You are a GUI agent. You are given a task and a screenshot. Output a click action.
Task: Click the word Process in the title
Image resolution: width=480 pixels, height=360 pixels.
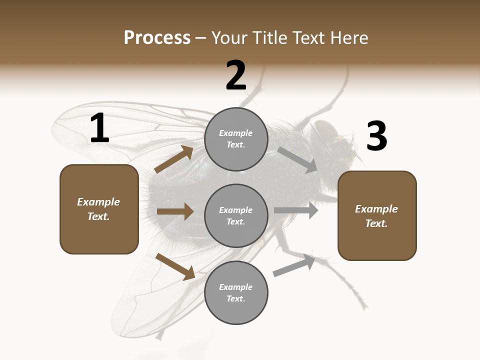(157, 37)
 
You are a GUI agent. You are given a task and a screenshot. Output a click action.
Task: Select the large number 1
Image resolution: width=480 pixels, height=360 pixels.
(99, 128)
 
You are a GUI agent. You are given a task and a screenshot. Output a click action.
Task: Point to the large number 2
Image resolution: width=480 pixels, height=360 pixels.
(236, 75)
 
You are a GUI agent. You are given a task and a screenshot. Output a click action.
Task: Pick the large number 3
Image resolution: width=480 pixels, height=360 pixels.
(376, 136)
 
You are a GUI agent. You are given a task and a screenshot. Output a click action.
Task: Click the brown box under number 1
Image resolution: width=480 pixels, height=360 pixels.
(99, 209)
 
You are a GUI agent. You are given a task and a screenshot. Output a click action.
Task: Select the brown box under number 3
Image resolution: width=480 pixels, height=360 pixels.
(377, 215)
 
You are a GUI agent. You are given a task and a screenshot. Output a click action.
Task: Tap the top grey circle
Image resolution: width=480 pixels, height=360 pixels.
(236, 139)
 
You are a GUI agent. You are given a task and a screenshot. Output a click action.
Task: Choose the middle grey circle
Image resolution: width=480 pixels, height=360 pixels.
(236, 215)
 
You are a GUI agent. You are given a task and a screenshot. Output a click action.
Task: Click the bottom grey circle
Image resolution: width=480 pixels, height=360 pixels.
(236, 292)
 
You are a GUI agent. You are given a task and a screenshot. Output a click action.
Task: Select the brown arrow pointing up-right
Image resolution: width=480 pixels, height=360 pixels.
(174, 159)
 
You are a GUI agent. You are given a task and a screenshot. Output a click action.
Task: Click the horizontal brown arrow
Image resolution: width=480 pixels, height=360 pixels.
(175, 211)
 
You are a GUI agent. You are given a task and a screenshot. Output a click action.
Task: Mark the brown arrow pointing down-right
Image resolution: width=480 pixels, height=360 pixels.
(175, 266)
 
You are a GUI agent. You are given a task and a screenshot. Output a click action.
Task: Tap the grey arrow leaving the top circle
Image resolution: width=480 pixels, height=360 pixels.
(298, 160)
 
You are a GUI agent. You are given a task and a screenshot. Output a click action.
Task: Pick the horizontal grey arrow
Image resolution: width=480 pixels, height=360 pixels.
(296, 210)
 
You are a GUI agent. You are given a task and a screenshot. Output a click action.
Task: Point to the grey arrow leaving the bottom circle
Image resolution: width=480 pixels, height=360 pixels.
(294, 265)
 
